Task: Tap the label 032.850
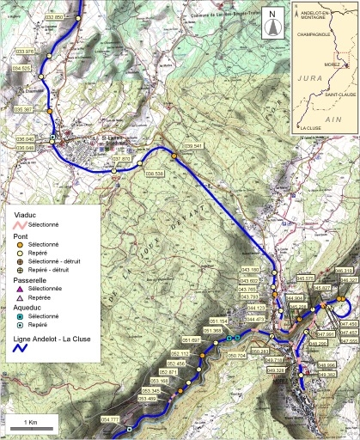(x=53, y=17)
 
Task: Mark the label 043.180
(x=248, y=271)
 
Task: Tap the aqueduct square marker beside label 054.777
(x=129, y=428)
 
